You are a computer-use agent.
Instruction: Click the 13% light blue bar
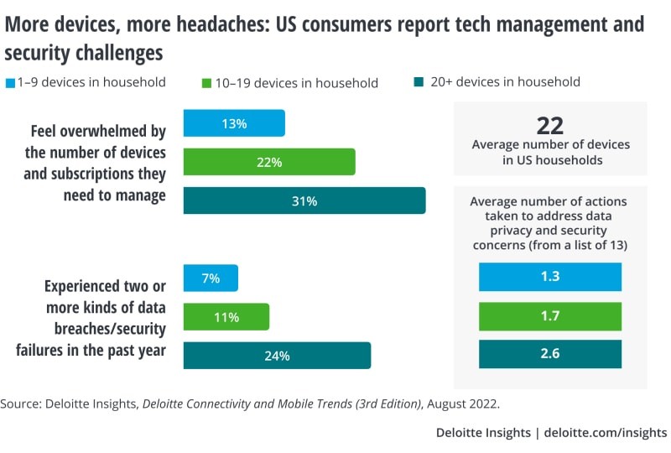point(234,123)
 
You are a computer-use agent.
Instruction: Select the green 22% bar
point(269,162)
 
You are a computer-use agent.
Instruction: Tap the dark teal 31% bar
point(304,200)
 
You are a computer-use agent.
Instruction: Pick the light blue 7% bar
point(211,279)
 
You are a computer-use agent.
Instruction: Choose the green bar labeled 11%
point(226,317)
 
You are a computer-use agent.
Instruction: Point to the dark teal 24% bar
point(277,355)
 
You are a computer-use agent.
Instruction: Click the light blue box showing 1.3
point(550,277)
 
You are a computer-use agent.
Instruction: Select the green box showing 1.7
point(550,315)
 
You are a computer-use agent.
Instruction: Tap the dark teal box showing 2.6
point(550,354)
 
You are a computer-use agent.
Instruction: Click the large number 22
point(550,126)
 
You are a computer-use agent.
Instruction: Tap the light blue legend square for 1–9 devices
point(10,83)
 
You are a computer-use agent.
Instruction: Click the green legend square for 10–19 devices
point(205,83)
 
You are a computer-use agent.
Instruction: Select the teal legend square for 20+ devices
point(419,83)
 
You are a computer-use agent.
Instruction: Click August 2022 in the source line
point(465,404)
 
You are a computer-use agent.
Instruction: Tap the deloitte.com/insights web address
point(606,433)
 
